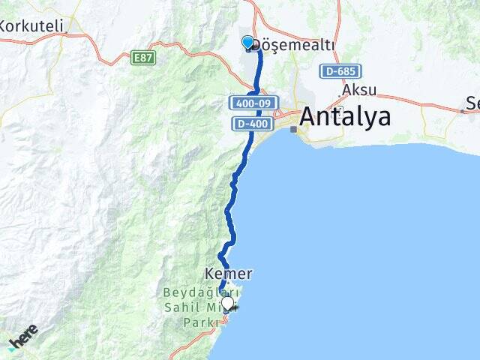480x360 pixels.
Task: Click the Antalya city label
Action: [x=345, y=117]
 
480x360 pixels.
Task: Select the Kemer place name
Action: [x=228, y=274]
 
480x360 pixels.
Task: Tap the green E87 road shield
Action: [x=142, y=58]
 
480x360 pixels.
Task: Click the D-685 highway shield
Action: [x=340, y=71]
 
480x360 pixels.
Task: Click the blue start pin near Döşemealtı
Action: [x=248, y=43]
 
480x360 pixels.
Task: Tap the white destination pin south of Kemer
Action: [x=227, y=303]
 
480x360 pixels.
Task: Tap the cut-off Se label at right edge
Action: [x=472, y=102]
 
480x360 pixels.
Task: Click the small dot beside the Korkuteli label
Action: [x=73, y=32]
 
